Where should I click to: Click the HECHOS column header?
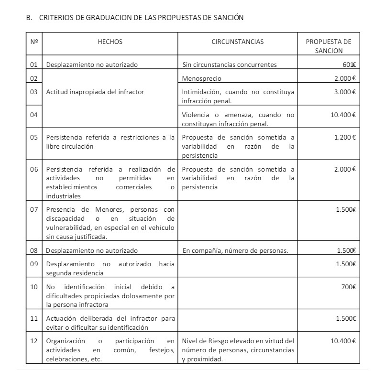(110, 42)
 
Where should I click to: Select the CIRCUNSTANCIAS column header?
(237, 42)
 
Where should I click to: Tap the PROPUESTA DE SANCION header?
(328, 45)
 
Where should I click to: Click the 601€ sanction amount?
(349, 65)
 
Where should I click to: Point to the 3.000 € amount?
(344, 90)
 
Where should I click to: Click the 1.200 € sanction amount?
(344, 138)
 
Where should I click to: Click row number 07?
(33, 209)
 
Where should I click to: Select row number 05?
(33, 138)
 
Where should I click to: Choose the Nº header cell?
(33, 42)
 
